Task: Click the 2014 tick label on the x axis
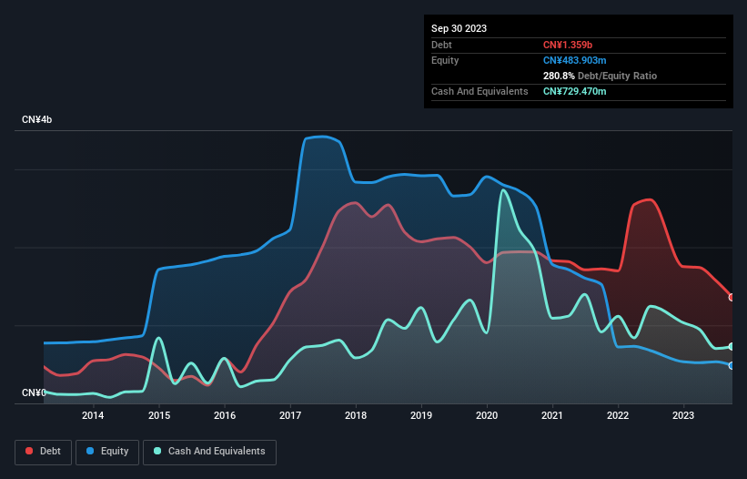click(x=93, y=416)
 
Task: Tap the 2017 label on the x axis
click(x=289, y=416)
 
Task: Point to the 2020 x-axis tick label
click(x=487, y=416)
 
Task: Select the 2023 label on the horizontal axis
click(x=683, y=416)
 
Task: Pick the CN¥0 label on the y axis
click(x=34, y=392)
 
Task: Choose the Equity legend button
click(x=107, y=452)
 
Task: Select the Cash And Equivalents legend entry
click(x=209, y=452)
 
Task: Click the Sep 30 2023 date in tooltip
click(x=459, y=28)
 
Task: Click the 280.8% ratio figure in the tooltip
click(x=559, y=76)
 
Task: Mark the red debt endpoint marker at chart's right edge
click(x=732, y=297)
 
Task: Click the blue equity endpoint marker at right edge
click(x=732, y=365)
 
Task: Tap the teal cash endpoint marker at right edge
click(x=732, y=346)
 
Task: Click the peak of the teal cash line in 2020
click(x=502, y=189)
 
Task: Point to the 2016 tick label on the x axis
click(x=224, y=416)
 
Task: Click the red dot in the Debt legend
click(x=30, y=452)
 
